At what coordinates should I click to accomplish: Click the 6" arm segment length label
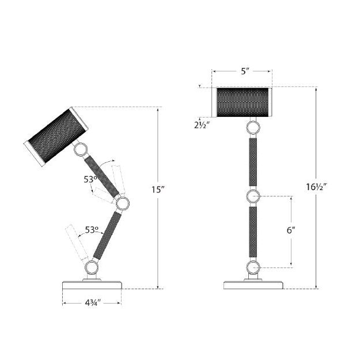pos(290,230)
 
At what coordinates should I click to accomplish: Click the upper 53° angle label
pos(90,179)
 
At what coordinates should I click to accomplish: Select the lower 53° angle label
pos(92,229)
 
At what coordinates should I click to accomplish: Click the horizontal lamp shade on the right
pos(242,102)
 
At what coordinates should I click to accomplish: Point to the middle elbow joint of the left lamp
pos(122,203)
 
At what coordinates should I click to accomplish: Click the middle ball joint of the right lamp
pos(253,197)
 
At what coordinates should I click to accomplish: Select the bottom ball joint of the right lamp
pos(253,267)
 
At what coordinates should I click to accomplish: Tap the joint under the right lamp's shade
pos(253,126)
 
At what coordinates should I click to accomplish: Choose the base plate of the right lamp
pos(253,285)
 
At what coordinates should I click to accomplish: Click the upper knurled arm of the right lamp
pos(253,161)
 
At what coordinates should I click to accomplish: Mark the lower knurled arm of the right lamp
pos(253,232)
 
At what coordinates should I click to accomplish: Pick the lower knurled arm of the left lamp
pos(108,236)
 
